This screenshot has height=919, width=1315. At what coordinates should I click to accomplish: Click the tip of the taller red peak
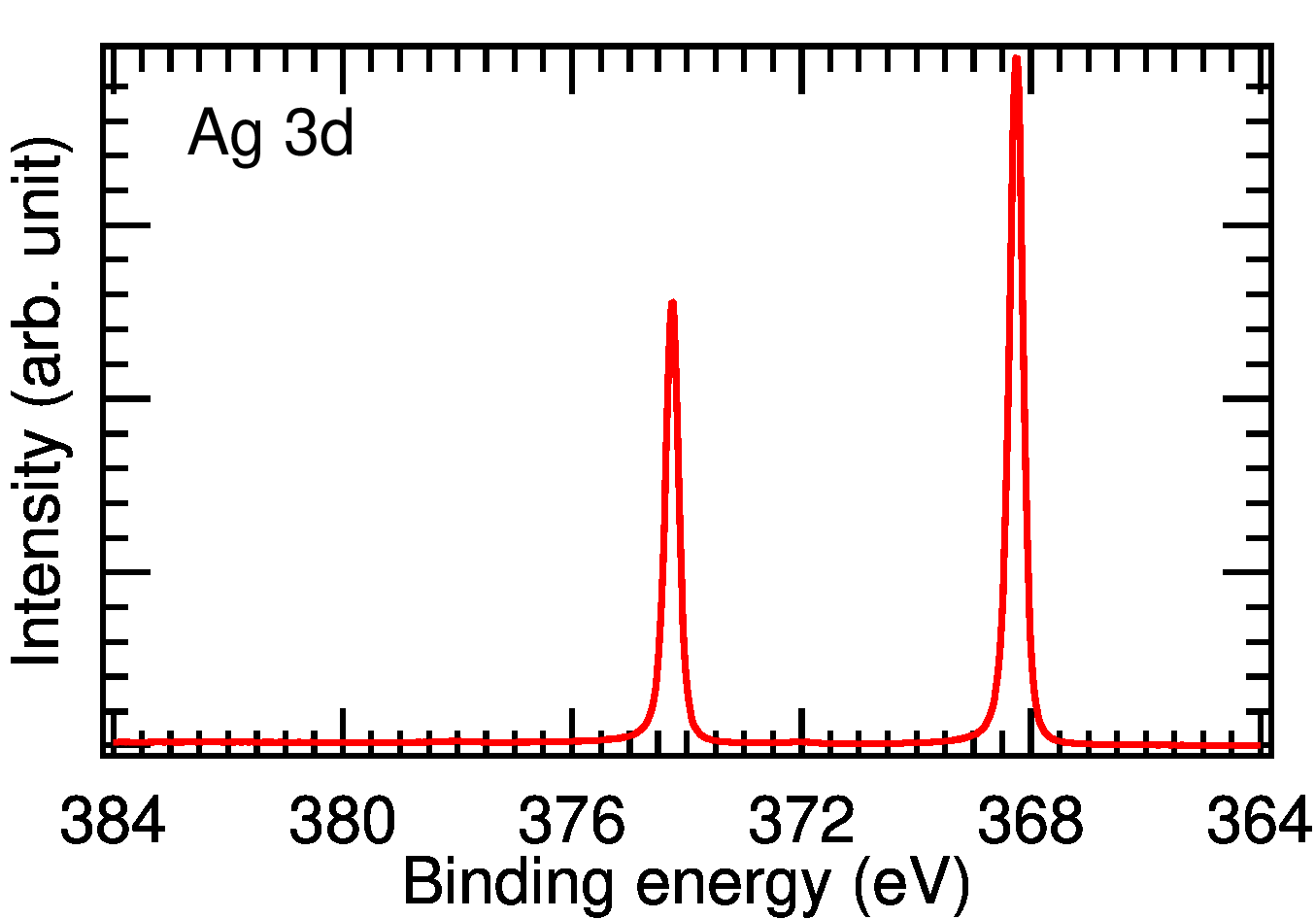point(1016,58)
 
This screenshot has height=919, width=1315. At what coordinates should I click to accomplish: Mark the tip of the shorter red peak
point(672,303)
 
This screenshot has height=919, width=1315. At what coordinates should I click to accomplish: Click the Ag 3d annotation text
point(271,134)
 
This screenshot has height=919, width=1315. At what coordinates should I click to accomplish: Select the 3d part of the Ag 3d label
point(319,132)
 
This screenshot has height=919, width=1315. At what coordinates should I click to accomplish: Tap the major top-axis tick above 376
point(572,70)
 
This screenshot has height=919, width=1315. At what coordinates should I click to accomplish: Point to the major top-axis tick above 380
point(343,70)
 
